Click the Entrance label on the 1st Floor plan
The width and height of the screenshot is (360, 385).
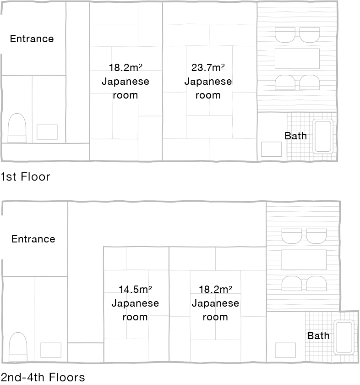[32, 39]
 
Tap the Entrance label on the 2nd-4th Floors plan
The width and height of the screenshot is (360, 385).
[33, 239]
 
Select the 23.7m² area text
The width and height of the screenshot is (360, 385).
[208, 67]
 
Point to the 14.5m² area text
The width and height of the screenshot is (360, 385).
[135, 289]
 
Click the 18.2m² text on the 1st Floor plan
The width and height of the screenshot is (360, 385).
[125, 67]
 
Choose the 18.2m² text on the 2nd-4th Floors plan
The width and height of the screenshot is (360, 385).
[215, 289]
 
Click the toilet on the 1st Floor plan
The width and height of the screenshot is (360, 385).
[17, 128]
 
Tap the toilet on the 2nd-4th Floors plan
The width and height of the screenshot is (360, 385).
[18, 347]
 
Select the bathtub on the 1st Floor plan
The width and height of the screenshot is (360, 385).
[323, 136]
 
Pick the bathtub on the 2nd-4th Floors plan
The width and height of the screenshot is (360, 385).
[344, 337]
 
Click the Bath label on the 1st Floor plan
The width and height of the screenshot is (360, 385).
[296, 136]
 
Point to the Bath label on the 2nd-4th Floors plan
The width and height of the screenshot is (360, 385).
[318, 335]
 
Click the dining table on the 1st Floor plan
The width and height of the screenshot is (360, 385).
[297, 59]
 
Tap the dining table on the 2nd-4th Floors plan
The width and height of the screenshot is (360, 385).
[304, 260]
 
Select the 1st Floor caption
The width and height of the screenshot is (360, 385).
[25, 177]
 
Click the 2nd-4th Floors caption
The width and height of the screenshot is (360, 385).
[43, 377]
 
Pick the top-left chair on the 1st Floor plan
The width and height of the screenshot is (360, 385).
[285, 35]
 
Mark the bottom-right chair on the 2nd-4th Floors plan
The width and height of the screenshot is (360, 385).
[316, 283]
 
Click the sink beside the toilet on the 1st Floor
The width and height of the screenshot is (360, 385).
[47, 132]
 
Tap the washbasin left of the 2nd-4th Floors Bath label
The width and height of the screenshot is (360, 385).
[285, 350]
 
